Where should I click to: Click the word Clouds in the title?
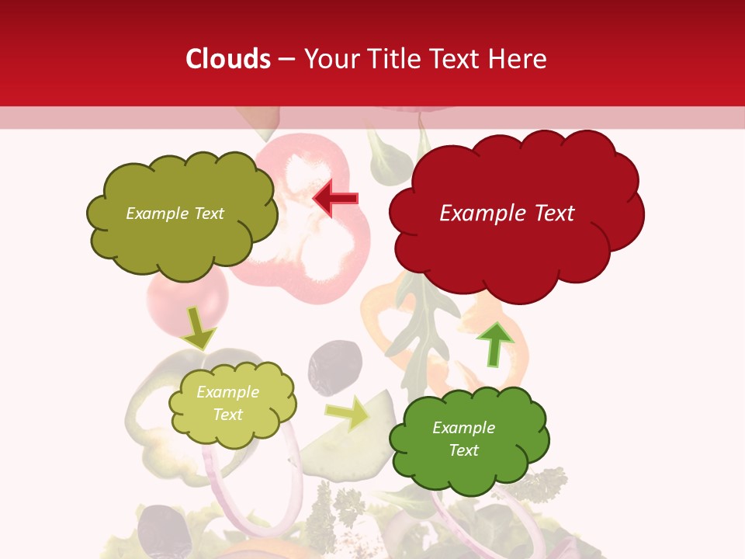tap(228, 59)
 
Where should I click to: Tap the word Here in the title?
tap(518, 59)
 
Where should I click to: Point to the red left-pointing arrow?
tap(335, 199)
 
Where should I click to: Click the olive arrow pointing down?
tap(198, 327)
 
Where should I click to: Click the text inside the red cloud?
tap(507, 214)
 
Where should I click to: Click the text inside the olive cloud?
tap(175, 214)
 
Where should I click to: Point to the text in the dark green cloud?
tap(463, 439)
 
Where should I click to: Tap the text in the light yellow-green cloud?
tap(227, 403)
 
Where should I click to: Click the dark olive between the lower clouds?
tap(335, 365)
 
